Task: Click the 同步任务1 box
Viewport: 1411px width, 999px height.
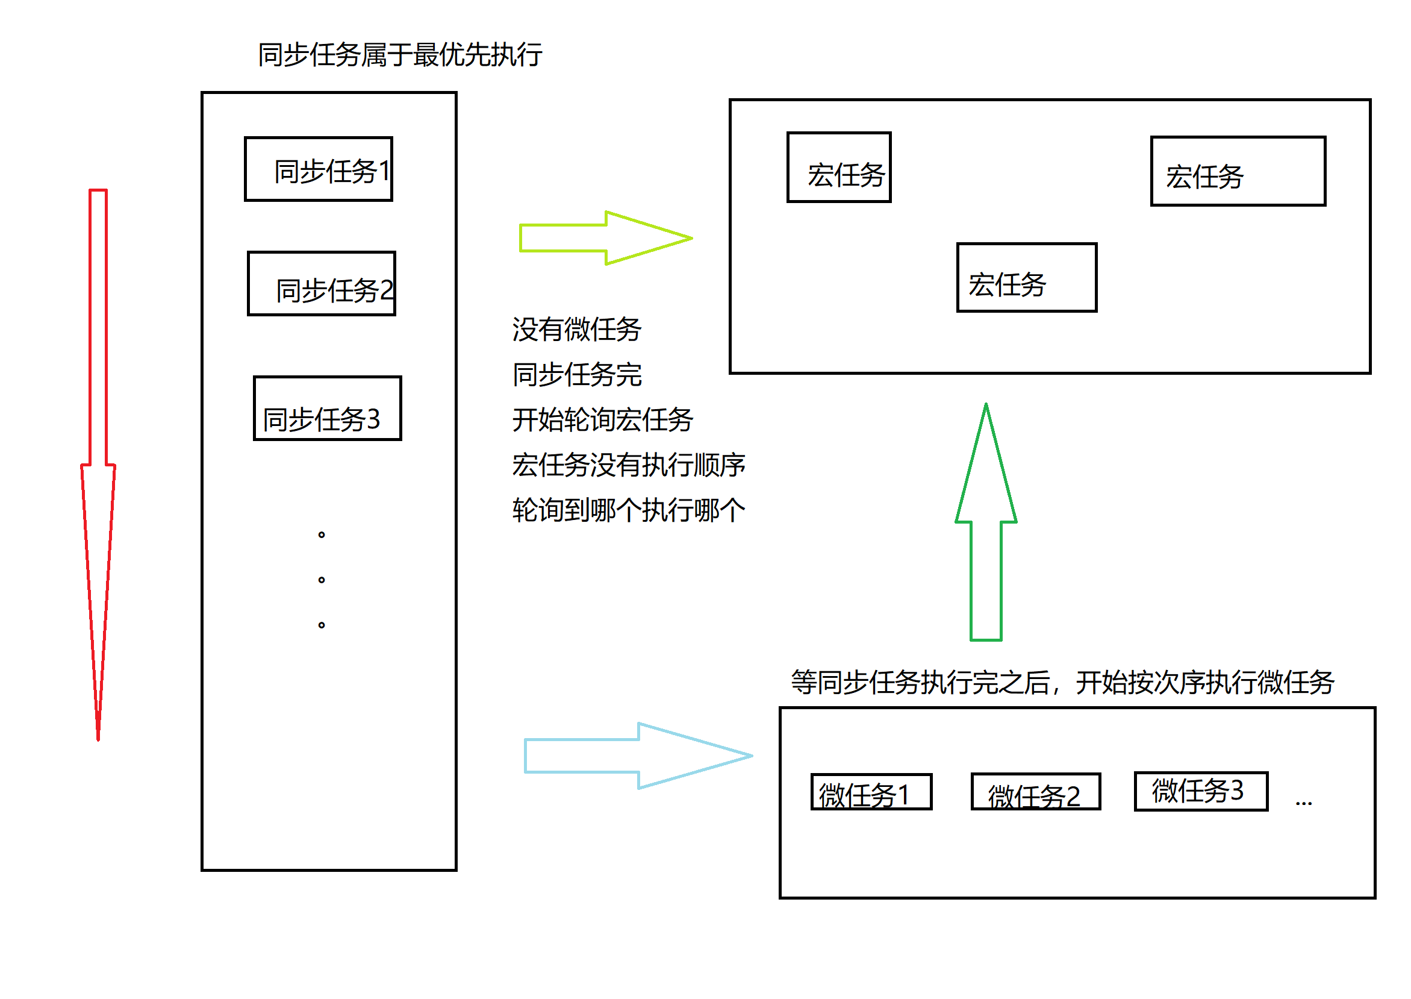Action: (x=319, y=169)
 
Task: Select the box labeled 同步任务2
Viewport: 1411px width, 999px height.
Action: (x=322, y=284)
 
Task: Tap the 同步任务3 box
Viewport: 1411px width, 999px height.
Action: (x=328, y=409)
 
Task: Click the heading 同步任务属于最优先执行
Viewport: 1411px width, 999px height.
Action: (x=400, y=55)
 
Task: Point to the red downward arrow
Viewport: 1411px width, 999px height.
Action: (x=98, y=462)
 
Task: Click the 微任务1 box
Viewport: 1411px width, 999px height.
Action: (x=871, y=792)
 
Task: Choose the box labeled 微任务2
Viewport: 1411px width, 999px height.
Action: (x=1035, y=792)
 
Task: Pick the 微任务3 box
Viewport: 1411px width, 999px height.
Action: (x=1201, y=791)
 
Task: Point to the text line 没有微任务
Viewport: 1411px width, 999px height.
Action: (x=577, y=329)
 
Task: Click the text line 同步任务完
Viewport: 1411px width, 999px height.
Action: (x=577, y=375)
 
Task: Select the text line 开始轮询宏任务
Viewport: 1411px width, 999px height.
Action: (x=602, y=420)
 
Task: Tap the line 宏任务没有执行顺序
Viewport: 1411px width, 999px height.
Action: (x=628, y=465)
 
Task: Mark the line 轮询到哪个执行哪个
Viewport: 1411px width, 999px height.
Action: (x=628, y=510)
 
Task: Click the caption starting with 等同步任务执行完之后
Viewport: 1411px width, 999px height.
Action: (x=1062, y=682)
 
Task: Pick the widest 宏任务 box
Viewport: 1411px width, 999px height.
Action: (x=1238, y=172)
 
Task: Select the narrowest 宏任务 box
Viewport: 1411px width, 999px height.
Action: (x=839, y=168)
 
